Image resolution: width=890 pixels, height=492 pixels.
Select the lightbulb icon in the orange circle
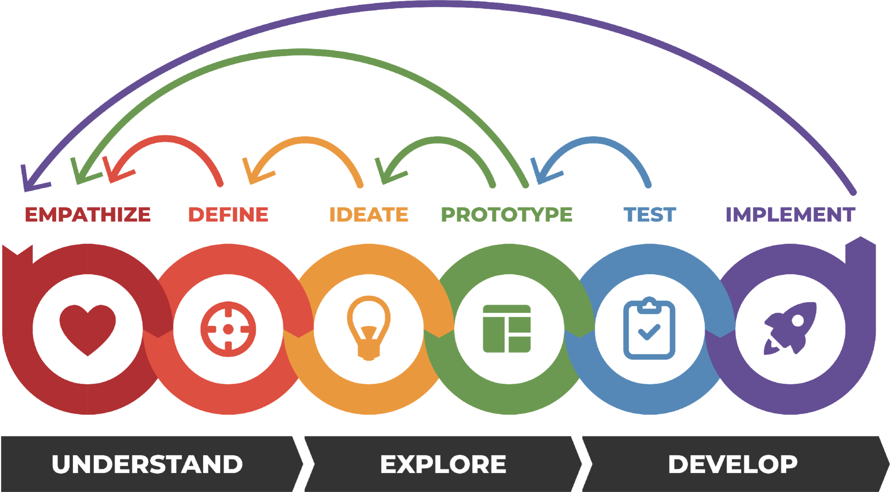(x=368, y=325)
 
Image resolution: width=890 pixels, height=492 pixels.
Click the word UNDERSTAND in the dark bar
(x=147, y=464)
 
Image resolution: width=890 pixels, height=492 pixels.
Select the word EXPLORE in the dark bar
(x=443, y=464)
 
